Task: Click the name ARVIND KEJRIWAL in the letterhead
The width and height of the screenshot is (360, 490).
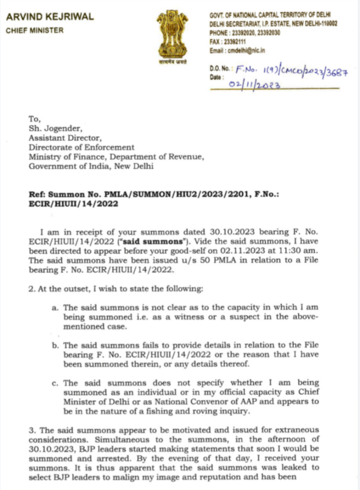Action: point(50,17)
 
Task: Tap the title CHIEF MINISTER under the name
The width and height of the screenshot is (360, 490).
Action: point(34,31)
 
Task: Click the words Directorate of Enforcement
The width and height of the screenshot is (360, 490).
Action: point(81,147)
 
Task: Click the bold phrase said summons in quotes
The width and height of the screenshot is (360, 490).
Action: point(161,242)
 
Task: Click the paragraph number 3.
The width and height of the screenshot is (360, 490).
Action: point(31,430)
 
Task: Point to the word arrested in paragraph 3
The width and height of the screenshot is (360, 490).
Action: point(92,458)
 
